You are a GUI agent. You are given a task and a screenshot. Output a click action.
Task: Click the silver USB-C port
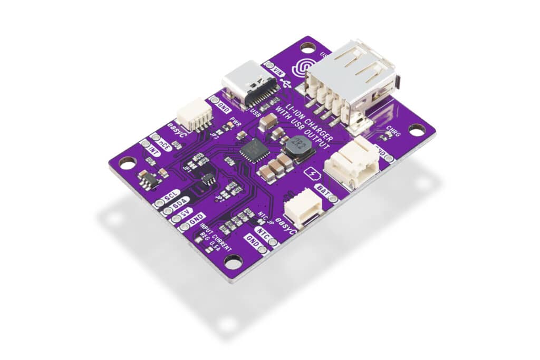tap(247, 84)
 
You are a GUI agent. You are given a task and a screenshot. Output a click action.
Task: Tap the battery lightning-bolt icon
tap(312, 174)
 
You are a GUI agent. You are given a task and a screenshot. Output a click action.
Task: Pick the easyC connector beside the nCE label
tap(194, 114)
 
